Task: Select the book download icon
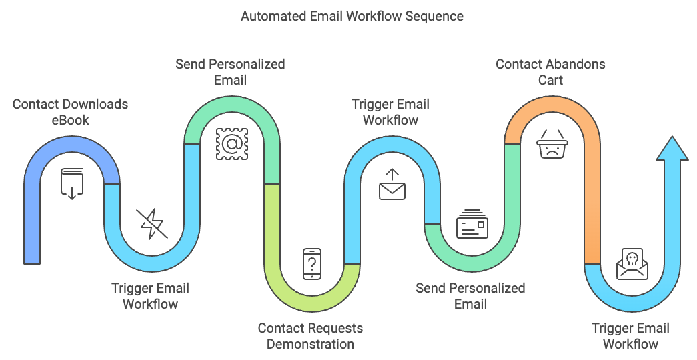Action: pyautogui.click(x=72, y=183)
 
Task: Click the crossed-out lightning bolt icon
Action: pyautogui.click(x=152, y=224)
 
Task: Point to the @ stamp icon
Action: pyautogui.click(x=231, y=143)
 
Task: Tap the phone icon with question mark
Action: pyautogui.click(x=311, y=264)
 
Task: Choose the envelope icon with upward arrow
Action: pyautogui.click(x=392, y=185)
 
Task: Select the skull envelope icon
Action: pyautogui.click(x=631, y=264)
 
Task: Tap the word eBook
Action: pyautogui.click(x=70, y=121)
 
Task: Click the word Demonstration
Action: pyautogui.click(x=310, y=344)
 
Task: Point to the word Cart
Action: pyautogui.click(x=550, y=80)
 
